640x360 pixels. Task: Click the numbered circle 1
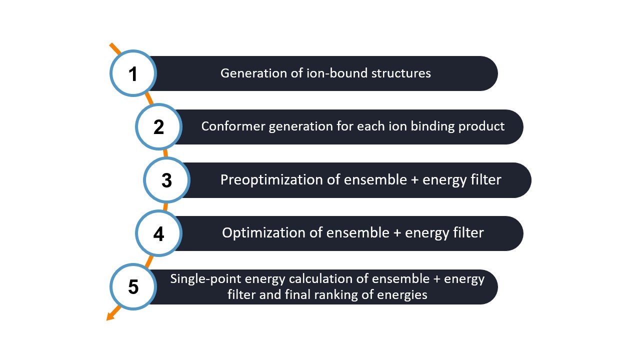133,73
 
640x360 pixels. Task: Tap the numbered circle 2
158,127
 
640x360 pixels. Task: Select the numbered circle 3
166,180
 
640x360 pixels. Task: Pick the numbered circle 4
158,233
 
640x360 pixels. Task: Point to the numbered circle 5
133,287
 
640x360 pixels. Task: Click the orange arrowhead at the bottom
110,316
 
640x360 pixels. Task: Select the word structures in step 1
401,73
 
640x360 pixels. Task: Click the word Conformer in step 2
233,126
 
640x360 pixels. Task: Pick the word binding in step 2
432,126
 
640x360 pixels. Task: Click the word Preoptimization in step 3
271,180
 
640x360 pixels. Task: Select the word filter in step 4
468,232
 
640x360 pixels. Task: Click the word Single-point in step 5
205,279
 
